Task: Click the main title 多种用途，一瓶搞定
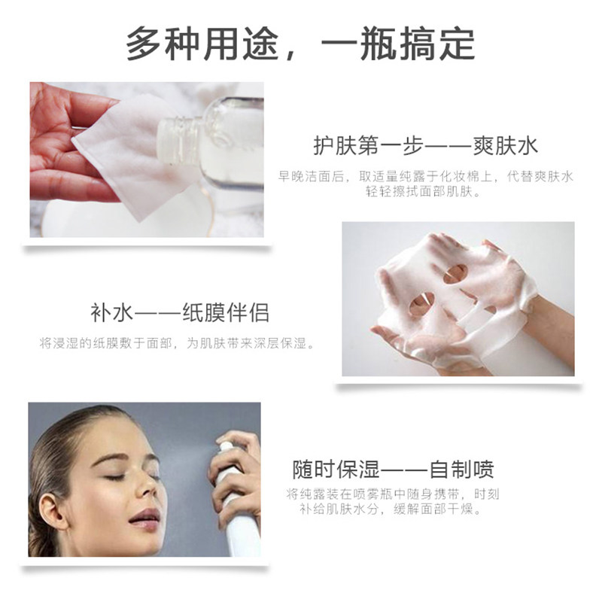300,44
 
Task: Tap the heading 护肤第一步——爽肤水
425,145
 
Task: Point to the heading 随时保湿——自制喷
394,471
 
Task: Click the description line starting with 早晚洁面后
425,176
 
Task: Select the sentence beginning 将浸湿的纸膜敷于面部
177,343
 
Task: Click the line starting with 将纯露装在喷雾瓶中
392,494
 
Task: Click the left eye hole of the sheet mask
421,303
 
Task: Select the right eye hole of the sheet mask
455,274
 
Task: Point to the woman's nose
150,490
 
